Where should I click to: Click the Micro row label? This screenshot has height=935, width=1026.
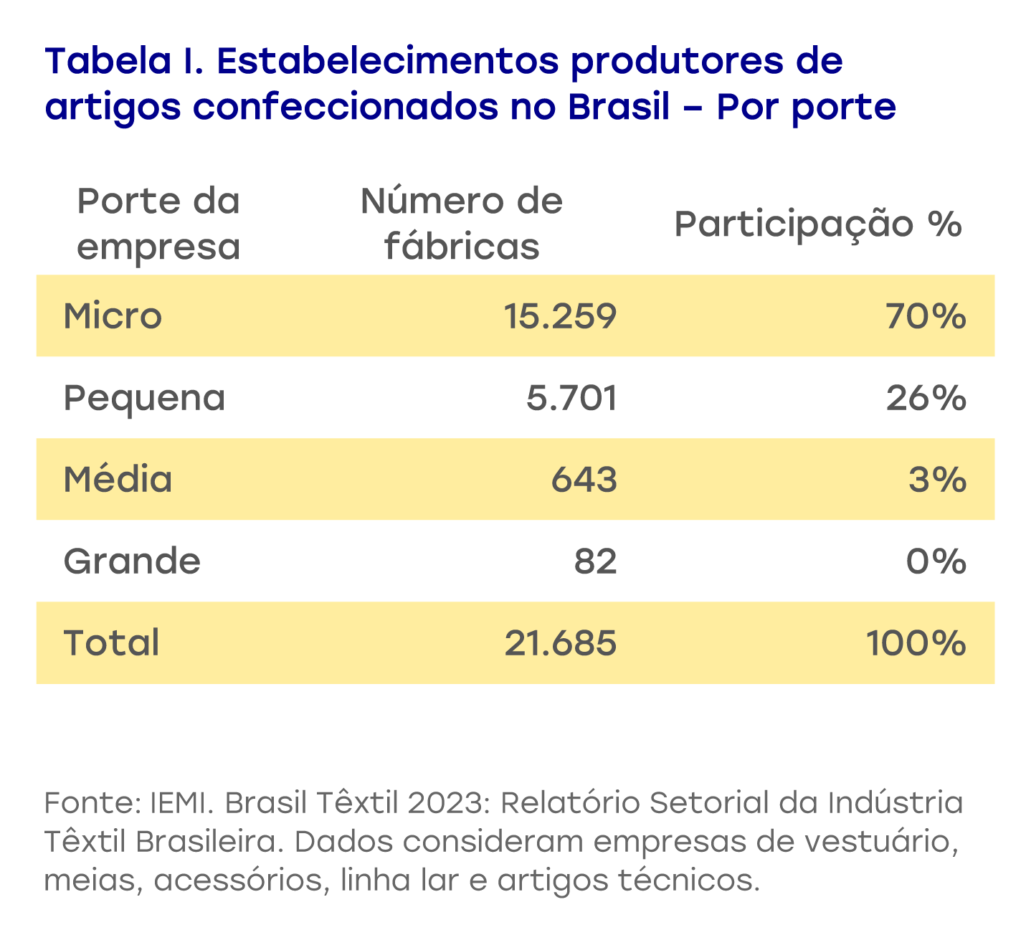pyautogui.click(x=113, y=315)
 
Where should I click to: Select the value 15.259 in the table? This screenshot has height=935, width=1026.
pyautogui.click(x=559, y=315)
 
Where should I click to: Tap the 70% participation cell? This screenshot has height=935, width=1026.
pyautogui.click(x=926, y=315)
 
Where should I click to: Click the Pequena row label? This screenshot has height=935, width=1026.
pyautogui.click(x=144, y=398)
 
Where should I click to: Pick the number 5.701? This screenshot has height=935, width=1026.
pyautogui.click(x=571, y=398)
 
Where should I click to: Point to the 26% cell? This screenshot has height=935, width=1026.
pyautogui.click(x=926, y=398)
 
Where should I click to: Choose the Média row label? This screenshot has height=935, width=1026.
pyautogui.click(x=118, y=479)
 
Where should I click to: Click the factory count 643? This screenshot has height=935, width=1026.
pyautogui.click(x=584, y=479)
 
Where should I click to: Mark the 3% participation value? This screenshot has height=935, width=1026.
pyautogui.click(x=937, y=479)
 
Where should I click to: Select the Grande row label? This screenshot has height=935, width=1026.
pyautogui.click(x=132, y=561)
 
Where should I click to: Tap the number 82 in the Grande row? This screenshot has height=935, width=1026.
pyautogui.click(x=595, y=561)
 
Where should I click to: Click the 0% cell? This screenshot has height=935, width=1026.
pyautogui.click(x=936, y=561)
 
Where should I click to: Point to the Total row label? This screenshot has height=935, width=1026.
pyautogui.click(x=111, y=642)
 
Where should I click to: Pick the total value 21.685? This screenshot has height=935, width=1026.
pyautogui.click(x=560, y=642)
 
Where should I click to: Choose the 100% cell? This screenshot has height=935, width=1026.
pyautogui.click(x=916, y=642)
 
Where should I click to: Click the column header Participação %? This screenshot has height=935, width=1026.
pyautogui.click(x=817, y=224)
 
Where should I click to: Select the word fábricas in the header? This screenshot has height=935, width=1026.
pyautogui.click(x=462, y=247)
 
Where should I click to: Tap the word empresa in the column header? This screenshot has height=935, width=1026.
pyautogui.click(x=158, y=247)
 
